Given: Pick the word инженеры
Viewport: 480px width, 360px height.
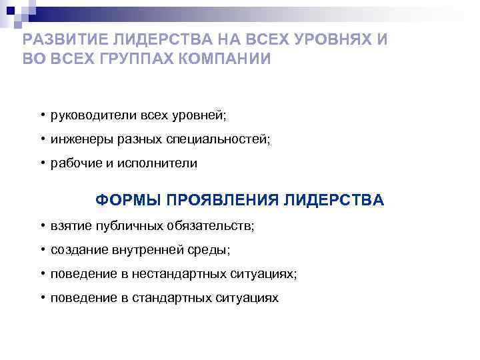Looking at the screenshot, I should (x=79, y=139).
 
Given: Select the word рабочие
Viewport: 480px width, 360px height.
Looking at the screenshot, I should (x=74, y=163).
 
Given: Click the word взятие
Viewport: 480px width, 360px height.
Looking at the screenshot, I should (x=70, y=226).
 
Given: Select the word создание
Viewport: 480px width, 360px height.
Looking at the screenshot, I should (x=77, y=250).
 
